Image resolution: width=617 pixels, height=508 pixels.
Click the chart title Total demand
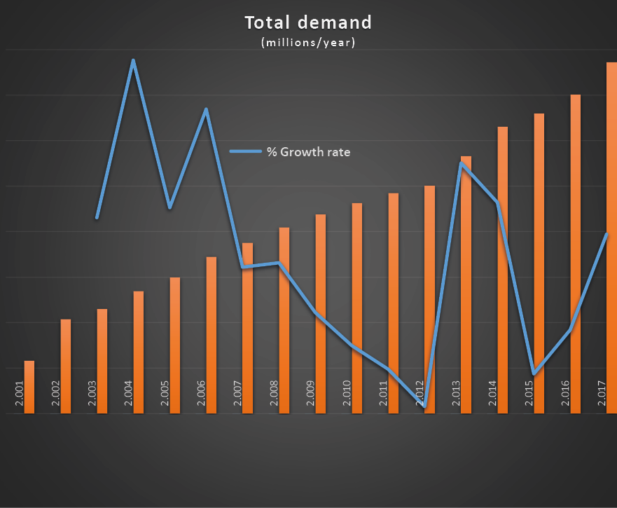pyautogui.click(x=308, y=23)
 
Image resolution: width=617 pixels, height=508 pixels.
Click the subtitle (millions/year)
pyautogui.click(x=308, y=43)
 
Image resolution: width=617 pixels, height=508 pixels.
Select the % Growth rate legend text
pyautogui.click(x=308, y=151)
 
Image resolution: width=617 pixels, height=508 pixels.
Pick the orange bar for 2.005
pyautogui.click(x=175, y=343)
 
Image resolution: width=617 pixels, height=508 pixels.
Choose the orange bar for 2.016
pyautogui.click(x=576, y=252)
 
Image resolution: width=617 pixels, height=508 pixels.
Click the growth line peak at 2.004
pyautogui.click(x=133, y=61)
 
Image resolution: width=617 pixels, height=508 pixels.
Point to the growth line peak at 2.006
pyautogui.click(x=206, y=109)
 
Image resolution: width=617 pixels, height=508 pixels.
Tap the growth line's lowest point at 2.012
pyautogui.click(x=424, y=406)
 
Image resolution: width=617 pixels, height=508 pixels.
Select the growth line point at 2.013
pyautogui.click(x=461, y=163)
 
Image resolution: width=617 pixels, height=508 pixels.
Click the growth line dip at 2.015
pyautogui.click(x=534, y=373)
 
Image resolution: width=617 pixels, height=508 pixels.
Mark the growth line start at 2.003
pyautogui.click(x=97, y=218)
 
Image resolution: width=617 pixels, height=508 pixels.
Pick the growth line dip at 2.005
pyautogui.click(x=169, y=207)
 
